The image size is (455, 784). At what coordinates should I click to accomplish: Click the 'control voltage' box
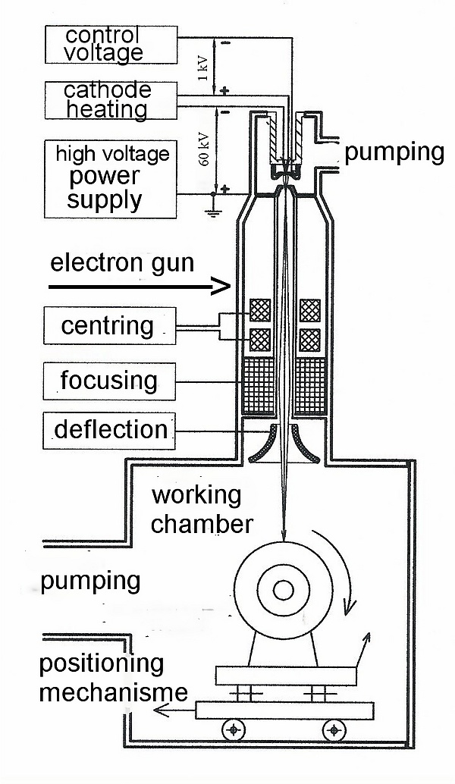click(x=111, y=44)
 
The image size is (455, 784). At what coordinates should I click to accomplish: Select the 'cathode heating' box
click(x=111, y=100)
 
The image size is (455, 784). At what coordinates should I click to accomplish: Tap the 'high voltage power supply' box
click(x=111, y=177)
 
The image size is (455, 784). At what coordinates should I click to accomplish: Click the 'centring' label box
click(x=109, y=326)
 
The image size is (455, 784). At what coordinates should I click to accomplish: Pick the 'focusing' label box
click(x=109, y=381)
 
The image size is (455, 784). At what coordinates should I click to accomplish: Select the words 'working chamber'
click(x=200, y=510)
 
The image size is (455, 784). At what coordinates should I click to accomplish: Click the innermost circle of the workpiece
click(x=284, y=590)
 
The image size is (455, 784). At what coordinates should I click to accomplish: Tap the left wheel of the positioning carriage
click(x=234, y=730)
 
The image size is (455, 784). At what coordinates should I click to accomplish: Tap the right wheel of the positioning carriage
click(x=333, y=730)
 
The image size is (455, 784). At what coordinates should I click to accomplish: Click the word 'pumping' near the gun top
click(x=394, y=152)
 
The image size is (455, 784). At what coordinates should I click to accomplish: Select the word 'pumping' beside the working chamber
click(x=90, y=582)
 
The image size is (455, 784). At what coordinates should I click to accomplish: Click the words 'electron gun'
click(x=121, y=264)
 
